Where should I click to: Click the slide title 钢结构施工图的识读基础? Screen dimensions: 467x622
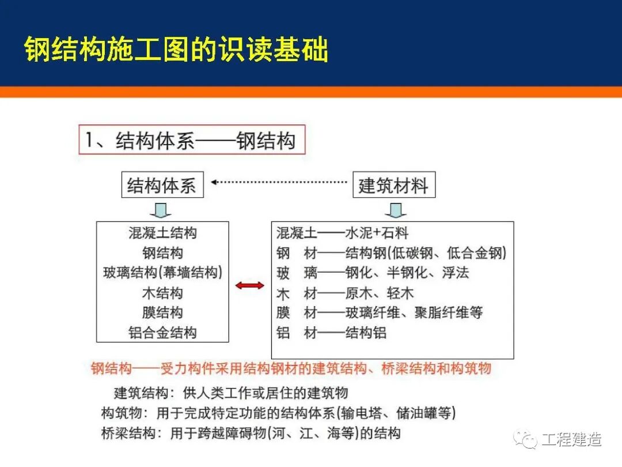click(x=176, y=50)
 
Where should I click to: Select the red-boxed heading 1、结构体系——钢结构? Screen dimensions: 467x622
click(x=191, y=141)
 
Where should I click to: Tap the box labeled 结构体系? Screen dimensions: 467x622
click(x=162, y=185)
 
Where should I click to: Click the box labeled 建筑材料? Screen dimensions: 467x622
click(x=393, y=185)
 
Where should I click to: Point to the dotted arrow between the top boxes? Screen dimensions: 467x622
click(x=279, y=182)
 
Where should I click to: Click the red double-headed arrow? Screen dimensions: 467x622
click(x=250, y=285)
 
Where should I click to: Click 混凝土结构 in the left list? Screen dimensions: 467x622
click(x=162, y=233)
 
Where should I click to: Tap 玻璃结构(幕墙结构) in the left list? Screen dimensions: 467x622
click(x=162, y=272)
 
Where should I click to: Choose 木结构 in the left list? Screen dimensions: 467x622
click(x=162, y=293)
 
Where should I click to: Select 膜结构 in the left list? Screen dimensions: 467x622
click(x=162, y=312)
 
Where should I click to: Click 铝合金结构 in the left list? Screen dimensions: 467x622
click(x=162, y=333)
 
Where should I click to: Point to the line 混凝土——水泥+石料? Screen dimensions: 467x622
click(x=342, y=233)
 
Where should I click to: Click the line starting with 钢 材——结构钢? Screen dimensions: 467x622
click(x=392, y=253)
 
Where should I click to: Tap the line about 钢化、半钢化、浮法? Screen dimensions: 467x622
click(x=373, y=273)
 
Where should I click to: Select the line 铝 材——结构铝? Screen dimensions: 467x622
click(x=331, y=333)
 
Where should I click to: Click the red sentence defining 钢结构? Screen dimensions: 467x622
click(x=291, y=368)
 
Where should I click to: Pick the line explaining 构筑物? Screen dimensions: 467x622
click(x=278, y=413)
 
